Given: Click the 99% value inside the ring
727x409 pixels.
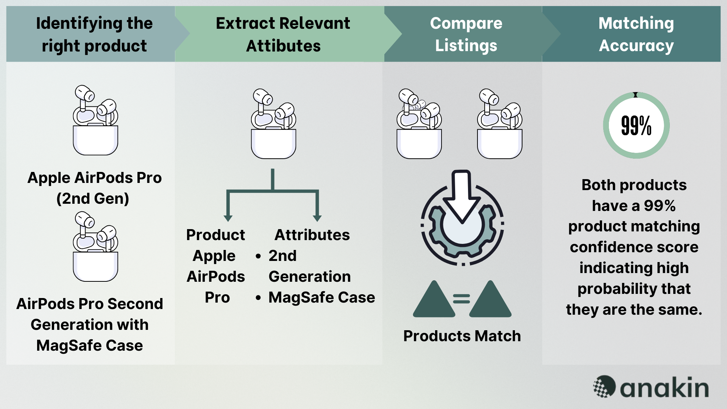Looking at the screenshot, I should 636,126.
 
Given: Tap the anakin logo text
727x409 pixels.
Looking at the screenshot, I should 664,387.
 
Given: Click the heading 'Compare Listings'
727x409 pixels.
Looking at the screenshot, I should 466,34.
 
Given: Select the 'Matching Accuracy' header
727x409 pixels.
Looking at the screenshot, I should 636,34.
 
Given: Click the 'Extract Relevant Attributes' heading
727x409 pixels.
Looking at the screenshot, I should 283,34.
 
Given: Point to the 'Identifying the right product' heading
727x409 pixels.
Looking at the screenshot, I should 94,34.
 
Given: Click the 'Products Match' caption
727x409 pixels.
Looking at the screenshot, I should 462,336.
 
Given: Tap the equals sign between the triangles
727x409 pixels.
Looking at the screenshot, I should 462,299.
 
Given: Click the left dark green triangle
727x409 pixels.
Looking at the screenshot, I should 434,301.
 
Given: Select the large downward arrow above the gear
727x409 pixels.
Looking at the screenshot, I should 462,197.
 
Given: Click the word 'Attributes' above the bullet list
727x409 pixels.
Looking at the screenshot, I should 312,235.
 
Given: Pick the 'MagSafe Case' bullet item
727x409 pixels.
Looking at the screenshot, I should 321,297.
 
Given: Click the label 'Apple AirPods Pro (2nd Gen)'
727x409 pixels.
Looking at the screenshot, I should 94,188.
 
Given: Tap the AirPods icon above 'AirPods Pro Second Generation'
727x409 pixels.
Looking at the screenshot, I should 95,247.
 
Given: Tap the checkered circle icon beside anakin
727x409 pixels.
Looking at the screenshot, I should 604,386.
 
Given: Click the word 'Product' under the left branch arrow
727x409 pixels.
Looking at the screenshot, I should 215,235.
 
